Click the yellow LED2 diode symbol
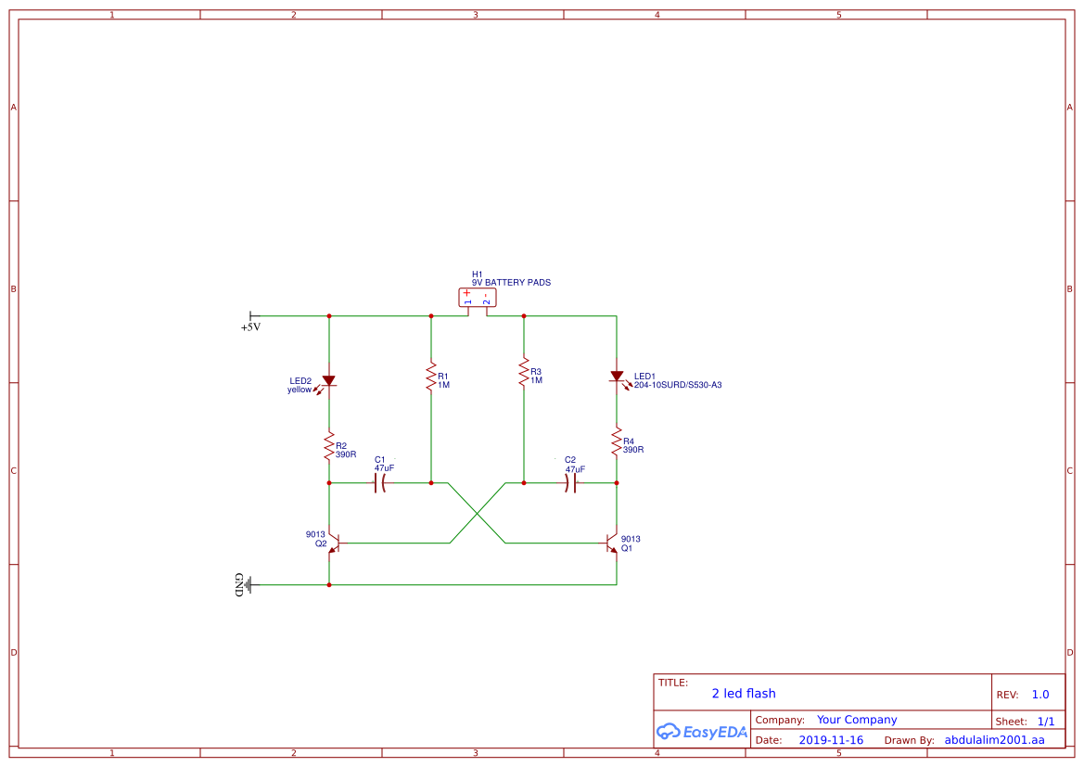point(328,380)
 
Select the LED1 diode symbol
point(617,377)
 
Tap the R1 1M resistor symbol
point(430,377)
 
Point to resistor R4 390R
point(617,442)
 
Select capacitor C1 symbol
point(379,483)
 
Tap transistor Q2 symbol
point(335,543)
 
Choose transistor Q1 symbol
point(611,543)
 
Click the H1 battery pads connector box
point(478,298)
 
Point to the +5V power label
point(250,327)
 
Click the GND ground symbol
point(244,584)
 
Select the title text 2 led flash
point(743,694)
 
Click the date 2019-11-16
point(831,740)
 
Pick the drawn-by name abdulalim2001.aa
point(994,740)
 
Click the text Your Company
point(856,720)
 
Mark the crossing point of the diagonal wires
point(478,513)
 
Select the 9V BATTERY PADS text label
point(511,283)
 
